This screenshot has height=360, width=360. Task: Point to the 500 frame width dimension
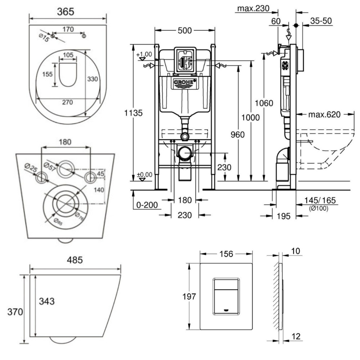[184, 31]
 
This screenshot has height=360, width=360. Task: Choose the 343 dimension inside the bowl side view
[47, 301]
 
